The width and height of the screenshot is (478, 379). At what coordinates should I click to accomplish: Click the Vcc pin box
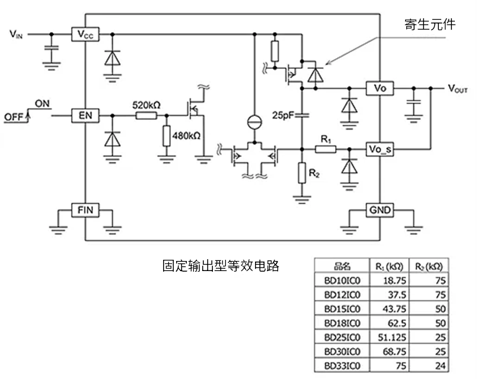[x=85, y=34]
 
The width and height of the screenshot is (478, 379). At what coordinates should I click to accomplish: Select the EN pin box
[x=85, y=114]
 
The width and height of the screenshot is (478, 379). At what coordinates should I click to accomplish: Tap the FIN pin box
[x=85, y=209]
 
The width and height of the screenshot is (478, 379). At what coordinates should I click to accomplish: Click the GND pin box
[x=380, y=209]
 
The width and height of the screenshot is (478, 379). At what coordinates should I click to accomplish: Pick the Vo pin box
[x=380, y=88]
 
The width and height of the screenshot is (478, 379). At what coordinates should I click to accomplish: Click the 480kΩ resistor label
[x=186, y=135]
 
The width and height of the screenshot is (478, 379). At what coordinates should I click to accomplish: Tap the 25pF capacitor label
[x=283, y=114]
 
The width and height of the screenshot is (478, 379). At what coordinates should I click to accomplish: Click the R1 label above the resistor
[x=325, y=138]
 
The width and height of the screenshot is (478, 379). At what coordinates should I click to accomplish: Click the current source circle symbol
[x=254, y=122]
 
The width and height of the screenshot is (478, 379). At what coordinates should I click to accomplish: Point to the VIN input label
[x=16, y=34]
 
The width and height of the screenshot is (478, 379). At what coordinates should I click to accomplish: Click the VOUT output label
[x=458, y=88]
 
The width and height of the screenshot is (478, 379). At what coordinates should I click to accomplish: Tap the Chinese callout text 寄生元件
[x=430, y=24]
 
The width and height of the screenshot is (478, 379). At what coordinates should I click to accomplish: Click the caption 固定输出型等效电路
[x=221, y=265]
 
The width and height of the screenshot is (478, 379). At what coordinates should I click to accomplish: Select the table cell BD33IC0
[x=342, y=366]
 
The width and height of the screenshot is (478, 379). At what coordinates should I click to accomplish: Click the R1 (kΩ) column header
[x=390, y=266]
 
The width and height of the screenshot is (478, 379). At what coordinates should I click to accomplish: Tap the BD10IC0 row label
[x=342, y=280]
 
